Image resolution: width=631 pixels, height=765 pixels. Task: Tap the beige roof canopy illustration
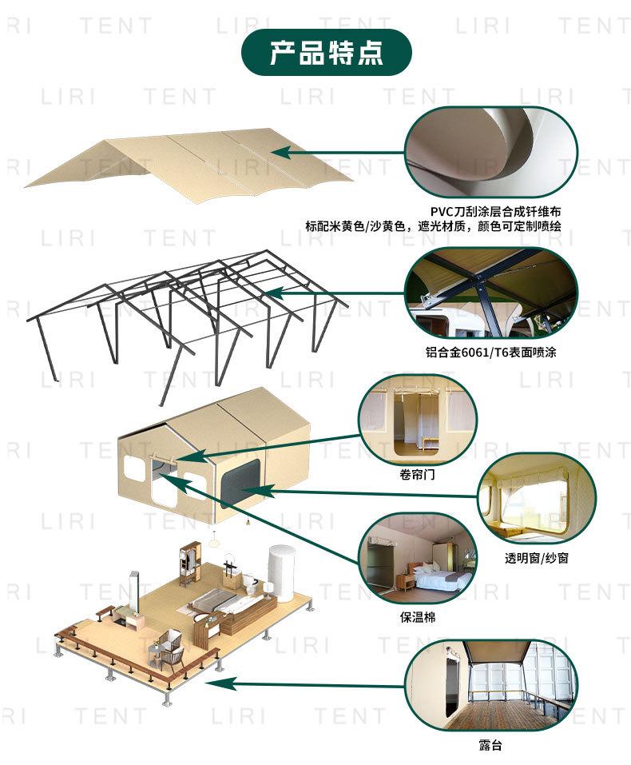pyautogui.click(x=192, y=164)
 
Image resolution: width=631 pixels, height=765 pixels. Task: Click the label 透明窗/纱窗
pyautogui.click(x=537, y=557)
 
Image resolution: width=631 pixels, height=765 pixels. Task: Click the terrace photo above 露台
pyautogui.click(x=490, y=685)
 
